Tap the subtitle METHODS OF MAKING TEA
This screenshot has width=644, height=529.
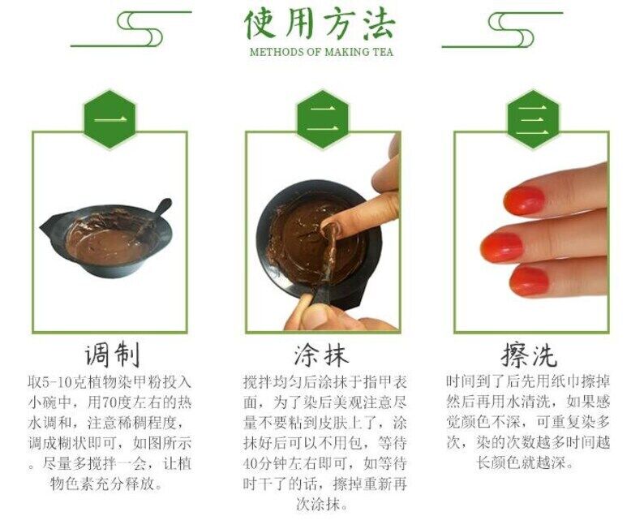click(x=321, y=52)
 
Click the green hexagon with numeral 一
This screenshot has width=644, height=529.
click(x=110, y=119)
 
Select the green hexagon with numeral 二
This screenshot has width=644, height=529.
click(x=323, y=119)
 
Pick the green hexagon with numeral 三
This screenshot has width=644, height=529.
click(x=533, y=119)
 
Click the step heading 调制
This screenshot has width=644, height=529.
click(x=112, y=355)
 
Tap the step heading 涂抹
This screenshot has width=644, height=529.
click(x=321, y=355)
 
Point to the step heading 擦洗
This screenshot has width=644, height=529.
click(x=529, y=355)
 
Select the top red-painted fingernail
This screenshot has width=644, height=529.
click(x=524, y=200)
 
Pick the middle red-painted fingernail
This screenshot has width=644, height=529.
click(x=502, y=247)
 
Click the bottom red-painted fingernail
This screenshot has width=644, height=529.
click(x=529, y=281)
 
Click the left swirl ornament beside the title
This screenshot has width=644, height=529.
click(x=131, y=28)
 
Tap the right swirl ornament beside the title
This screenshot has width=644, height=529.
click(x=502, y=29)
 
